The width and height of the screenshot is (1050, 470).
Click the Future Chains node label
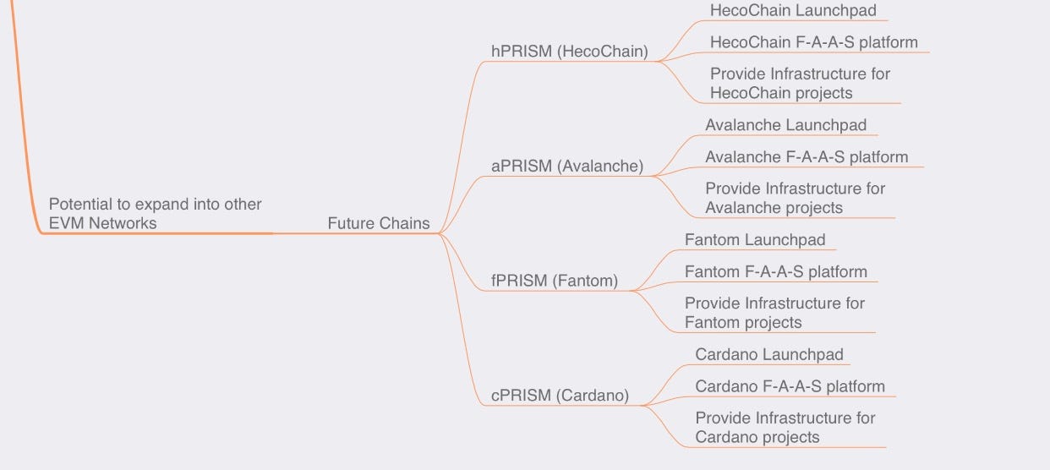(x=378, y=224)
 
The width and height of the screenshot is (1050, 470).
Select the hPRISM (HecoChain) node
(x=569, y=52)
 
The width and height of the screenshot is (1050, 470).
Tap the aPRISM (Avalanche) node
(x=566, y=167)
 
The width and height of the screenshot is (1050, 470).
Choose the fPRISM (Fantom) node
(x=554, y=281)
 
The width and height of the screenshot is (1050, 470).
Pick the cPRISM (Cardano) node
(x=560, y=396)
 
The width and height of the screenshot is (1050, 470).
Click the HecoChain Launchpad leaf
(x=793, y=11)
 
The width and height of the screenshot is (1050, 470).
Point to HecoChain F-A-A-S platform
(x=813, y=42)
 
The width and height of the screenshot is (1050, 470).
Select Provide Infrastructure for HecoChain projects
(x=800, y=84)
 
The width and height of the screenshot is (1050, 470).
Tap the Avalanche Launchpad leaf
(x=785, y=125)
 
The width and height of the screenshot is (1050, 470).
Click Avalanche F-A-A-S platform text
(x=807, y=157)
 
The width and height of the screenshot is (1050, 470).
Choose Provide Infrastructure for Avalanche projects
(x=795, y=198)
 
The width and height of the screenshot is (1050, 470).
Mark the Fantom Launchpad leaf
(x=754, y=240)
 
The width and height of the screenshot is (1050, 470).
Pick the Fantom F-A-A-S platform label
(x=775, y=272)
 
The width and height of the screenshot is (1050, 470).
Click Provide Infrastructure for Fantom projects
(x=774, y=313)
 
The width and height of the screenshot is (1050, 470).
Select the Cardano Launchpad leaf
(x=768, y=355)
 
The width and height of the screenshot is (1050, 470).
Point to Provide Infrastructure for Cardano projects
(x=785, y=428)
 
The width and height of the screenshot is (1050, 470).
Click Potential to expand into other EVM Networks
(x=155, y=214)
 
